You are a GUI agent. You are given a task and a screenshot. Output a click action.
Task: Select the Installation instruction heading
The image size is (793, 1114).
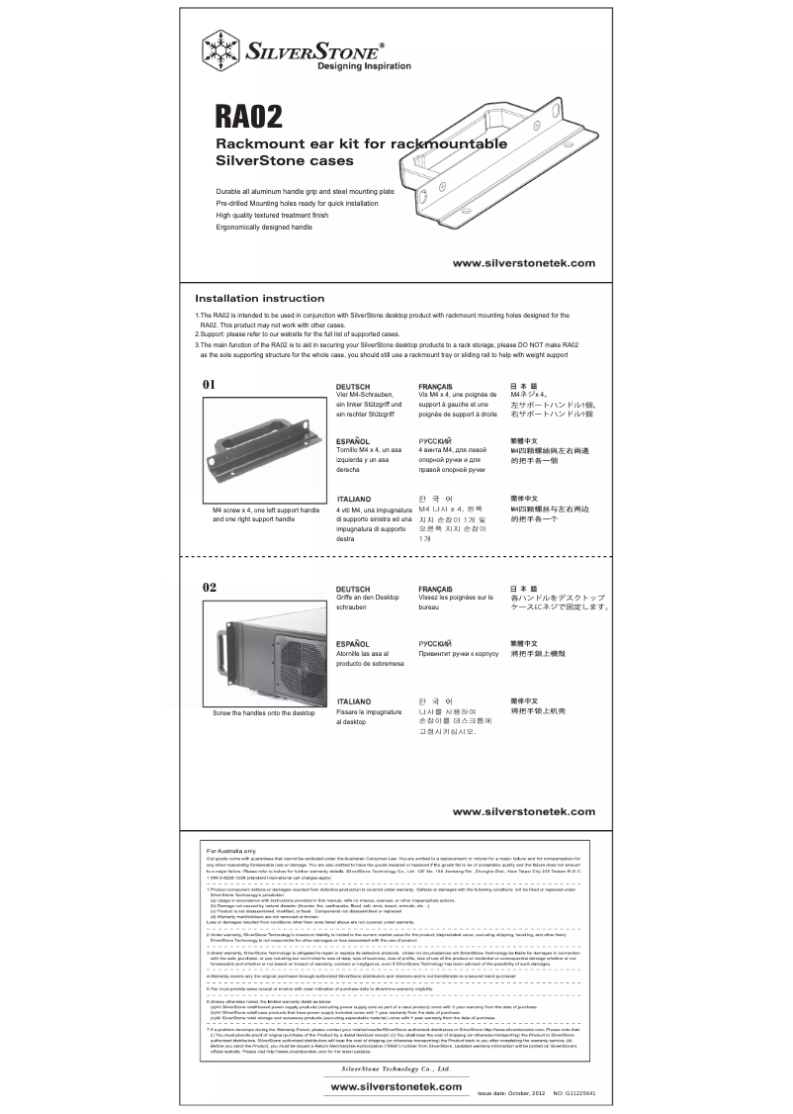[259, 298]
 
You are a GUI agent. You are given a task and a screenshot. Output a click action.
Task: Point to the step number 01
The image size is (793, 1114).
[209, 383]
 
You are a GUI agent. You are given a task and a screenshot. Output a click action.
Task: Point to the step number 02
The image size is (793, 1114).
[209, 587]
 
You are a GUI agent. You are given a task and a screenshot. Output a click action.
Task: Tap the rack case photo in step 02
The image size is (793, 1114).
[262, 654]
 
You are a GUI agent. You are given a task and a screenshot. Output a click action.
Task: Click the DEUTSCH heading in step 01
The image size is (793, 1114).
[353, 387]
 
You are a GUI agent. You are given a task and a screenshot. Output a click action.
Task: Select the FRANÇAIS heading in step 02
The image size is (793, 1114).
[436, 589]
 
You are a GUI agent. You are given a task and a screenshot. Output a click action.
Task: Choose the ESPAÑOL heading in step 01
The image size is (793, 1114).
[353, 440]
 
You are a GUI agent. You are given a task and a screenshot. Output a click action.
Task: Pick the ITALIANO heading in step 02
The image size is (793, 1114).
[354, 700]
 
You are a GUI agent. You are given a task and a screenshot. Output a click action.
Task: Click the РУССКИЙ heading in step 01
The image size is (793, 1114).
[435, 440]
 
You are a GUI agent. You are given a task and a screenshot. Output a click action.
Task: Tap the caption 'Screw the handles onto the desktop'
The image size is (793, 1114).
[263, 713]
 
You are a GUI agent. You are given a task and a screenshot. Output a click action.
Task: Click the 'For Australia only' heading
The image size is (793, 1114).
[230, 850]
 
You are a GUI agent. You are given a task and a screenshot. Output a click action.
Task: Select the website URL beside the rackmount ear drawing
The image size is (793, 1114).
[523, 263]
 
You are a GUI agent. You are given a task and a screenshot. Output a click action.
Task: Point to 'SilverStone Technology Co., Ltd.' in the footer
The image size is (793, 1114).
[396, 1069]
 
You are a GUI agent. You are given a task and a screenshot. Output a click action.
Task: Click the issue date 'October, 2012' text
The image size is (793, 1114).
[524, 1094]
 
